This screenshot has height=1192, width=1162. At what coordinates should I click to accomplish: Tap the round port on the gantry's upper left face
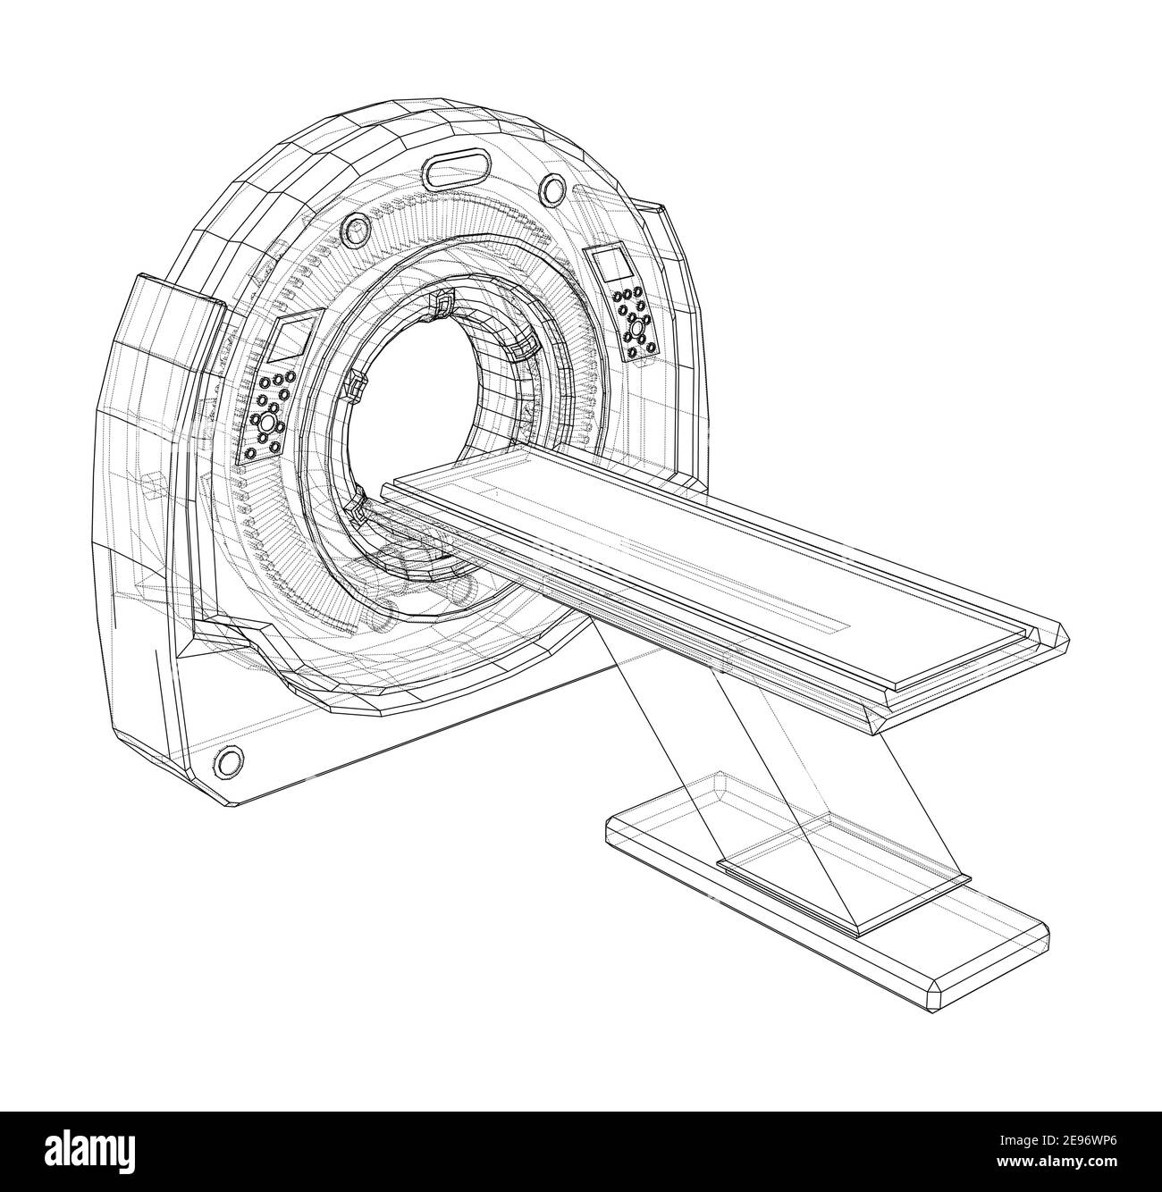pos(355,231)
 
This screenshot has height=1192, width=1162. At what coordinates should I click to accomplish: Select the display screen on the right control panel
pos(613,265)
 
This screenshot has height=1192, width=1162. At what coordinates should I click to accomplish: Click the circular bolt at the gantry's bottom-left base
pos(229,760)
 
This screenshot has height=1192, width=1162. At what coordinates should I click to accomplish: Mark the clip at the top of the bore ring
pos(442,305)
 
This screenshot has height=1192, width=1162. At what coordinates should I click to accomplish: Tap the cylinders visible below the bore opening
pos(420,581)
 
